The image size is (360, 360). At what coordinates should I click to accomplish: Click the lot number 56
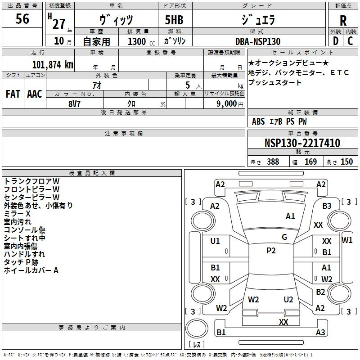[22, 18]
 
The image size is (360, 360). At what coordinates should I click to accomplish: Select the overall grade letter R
[343, 21]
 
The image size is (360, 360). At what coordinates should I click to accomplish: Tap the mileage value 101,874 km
[53, 65]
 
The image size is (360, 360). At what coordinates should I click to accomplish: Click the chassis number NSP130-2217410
[302, 143]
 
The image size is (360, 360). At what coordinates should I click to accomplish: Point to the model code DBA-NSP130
[257, 41]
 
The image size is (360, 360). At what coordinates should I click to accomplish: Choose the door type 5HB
[174, 20]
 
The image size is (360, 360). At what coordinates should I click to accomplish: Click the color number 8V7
[74, 104]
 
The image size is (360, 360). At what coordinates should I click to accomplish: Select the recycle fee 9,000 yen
[229, 104]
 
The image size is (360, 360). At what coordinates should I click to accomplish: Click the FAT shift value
[13, 94]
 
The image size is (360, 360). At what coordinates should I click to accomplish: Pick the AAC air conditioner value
[35, 94]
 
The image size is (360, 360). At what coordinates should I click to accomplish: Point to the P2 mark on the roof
[271, 251]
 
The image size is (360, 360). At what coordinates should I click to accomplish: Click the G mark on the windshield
[284, 237]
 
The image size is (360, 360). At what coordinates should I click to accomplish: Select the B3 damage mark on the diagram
[327, 206]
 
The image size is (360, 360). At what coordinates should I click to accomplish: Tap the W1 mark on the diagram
[347, 240]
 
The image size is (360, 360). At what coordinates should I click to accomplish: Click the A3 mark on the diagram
[320, 332]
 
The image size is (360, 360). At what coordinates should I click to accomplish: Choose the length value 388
[273, 162]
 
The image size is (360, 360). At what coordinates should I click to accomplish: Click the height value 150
[346, 162]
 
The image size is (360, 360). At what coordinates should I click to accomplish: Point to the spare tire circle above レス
[197, 328]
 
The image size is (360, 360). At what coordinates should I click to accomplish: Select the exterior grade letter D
[336, 41]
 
